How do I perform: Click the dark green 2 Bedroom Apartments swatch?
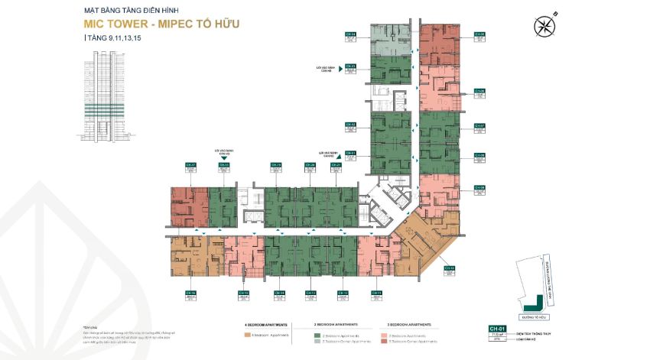click(317, 335)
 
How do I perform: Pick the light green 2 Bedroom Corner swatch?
click(317, 341)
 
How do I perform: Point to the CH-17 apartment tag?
click(191, 165)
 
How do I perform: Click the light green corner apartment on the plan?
click(391, 39)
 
